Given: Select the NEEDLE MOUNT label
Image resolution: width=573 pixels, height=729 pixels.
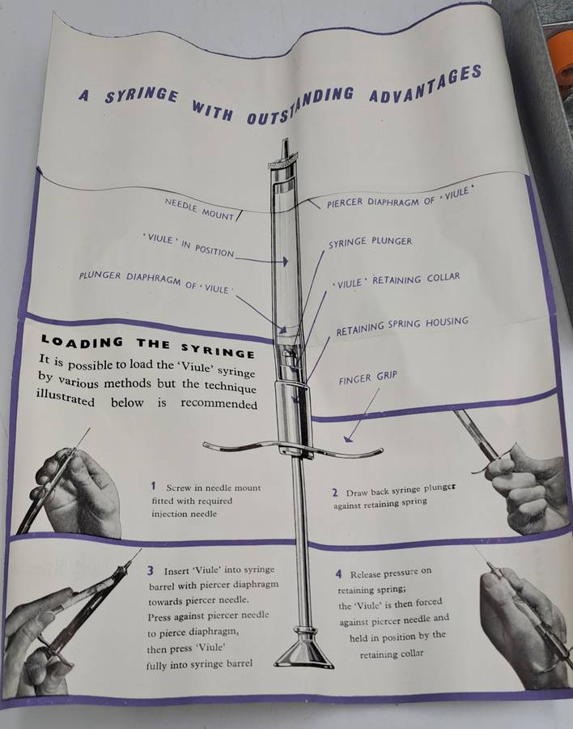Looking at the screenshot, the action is (199, 210).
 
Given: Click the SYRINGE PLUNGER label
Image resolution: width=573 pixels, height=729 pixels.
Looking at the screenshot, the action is (370, 241).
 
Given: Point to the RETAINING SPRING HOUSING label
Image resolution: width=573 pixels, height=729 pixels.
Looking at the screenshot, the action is (402, 326).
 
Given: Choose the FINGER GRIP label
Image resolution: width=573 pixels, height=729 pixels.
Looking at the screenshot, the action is (367, 378).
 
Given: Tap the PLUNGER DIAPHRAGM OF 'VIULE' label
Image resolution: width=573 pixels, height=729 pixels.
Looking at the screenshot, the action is (155, 282).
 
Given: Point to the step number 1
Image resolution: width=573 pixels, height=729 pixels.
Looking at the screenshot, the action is (153, 486).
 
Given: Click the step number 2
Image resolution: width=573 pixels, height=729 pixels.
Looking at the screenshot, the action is (334, 492).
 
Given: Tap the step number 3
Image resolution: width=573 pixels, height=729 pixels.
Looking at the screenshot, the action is (151, 570).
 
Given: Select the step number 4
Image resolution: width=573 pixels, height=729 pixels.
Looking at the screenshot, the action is (339, 574).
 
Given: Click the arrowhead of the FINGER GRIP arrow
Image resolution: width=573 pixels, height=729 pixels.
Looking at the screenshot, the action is (348, 438).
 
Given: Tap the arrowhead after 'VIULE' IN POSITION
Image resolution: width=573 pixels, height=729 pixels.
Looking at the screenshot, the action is (286, 261).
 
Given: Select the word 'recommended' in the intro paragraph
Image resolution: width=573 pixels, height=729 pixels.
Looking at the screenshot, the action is (219, 403).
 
